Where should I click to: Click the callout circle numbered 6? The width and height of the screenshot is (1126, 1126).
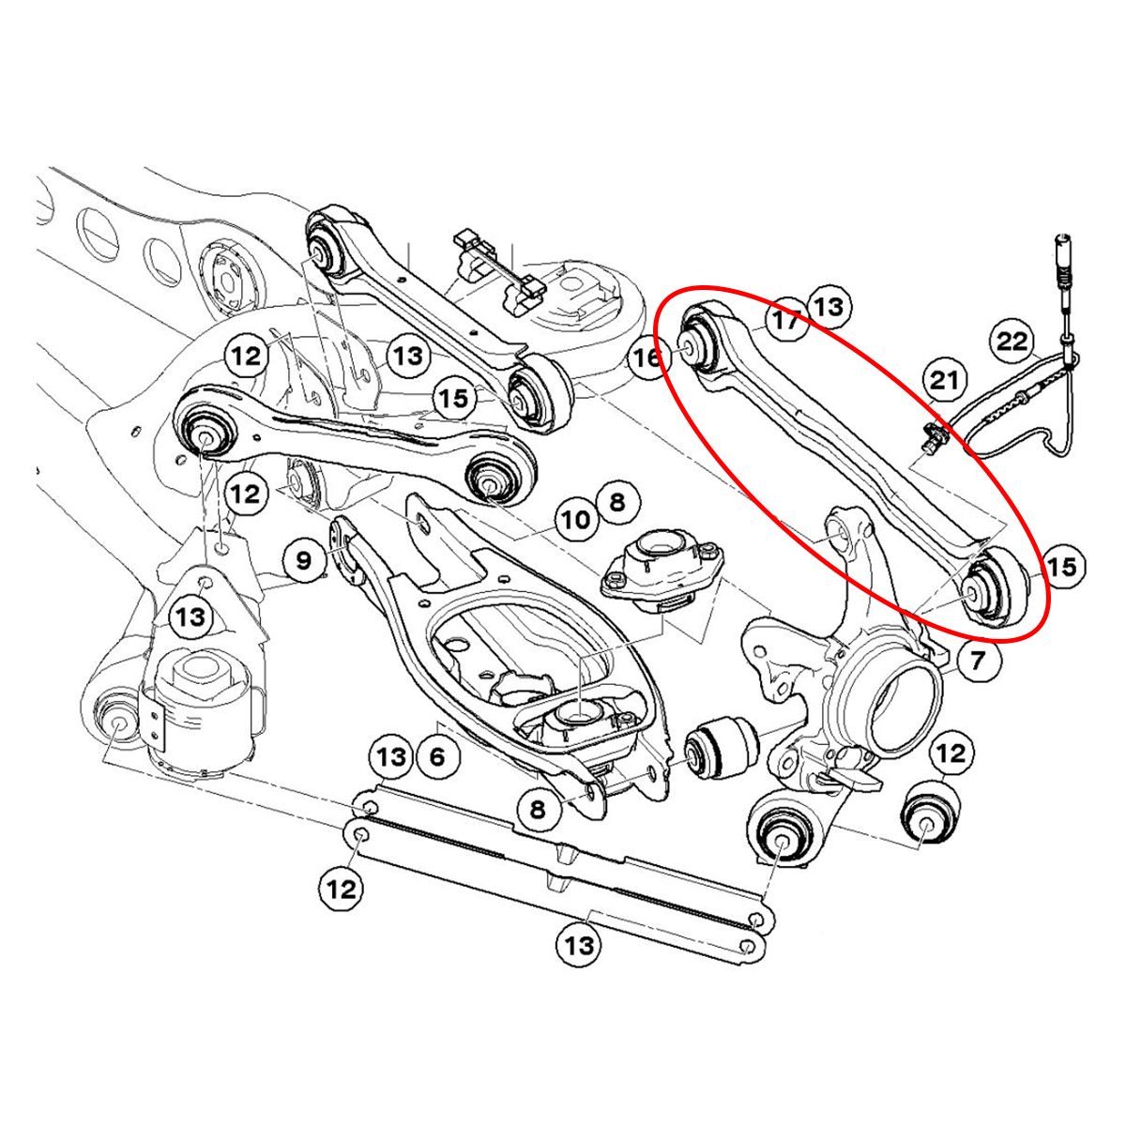point(437,756)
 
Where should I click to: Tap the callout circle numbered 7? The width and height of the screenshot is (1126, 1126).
point(977,661)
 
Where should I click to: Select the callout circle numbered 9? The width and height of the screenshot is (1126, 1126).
point(303,561)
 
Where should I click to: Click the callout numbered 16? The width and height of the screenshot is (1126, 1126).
point(647,358)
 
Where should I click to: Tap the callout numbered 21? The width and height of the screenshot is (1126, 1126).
point(945,380)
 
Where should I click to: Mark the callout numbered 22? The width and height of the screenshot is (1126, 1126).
point(1012,341)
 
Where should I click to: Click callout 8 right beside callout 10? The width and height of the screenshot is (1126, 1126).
point(616,501)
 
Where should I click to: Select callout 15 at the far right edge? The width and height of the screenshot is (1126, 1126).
point(1061,567)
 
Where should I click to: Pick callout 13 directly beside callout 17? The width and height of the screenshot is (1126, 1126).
point(828,306)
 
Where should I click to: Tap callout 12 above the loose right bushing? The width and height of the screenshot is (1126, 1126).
point(951,753)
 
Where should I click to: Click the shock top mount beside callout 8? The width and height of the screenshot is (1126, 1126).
point(664,570)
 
